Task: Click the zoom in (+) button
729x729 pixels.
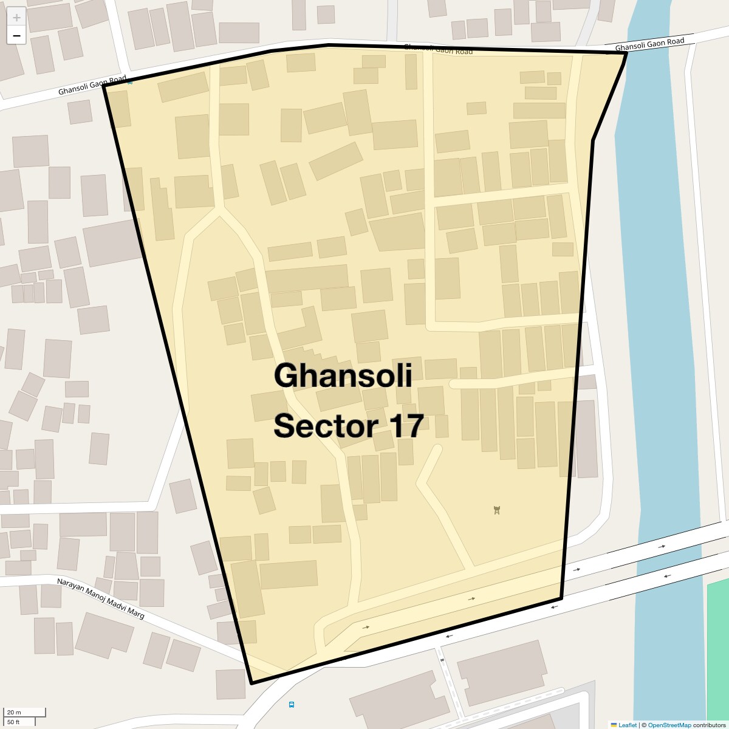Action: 16,18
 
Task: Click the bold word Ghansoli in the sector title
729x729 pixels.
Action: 343,375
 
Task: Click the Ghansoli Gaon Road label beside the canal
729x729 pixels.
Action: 649,44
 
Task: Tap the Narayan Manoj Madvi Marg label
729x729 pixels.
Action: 101,598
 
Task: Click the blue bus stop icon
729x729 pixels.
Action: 292,705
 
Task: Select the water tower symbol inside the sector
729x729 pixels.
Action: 497,510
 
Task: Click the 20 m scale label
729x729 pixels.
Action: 14,712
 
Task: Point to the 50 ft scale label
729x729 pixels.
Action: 14,722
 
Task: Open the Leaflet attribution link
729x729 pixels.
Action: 626,725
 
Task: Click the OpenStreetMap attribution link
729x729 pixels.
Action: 669,725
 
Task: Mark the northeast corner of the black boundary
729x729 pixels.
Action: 626,53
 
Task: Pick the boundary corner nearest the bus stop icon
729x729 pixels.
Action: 252,683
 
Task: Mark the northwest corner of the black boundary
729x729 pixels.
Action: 104,86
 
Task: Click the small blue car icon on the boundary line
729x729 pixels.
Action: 130,81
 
